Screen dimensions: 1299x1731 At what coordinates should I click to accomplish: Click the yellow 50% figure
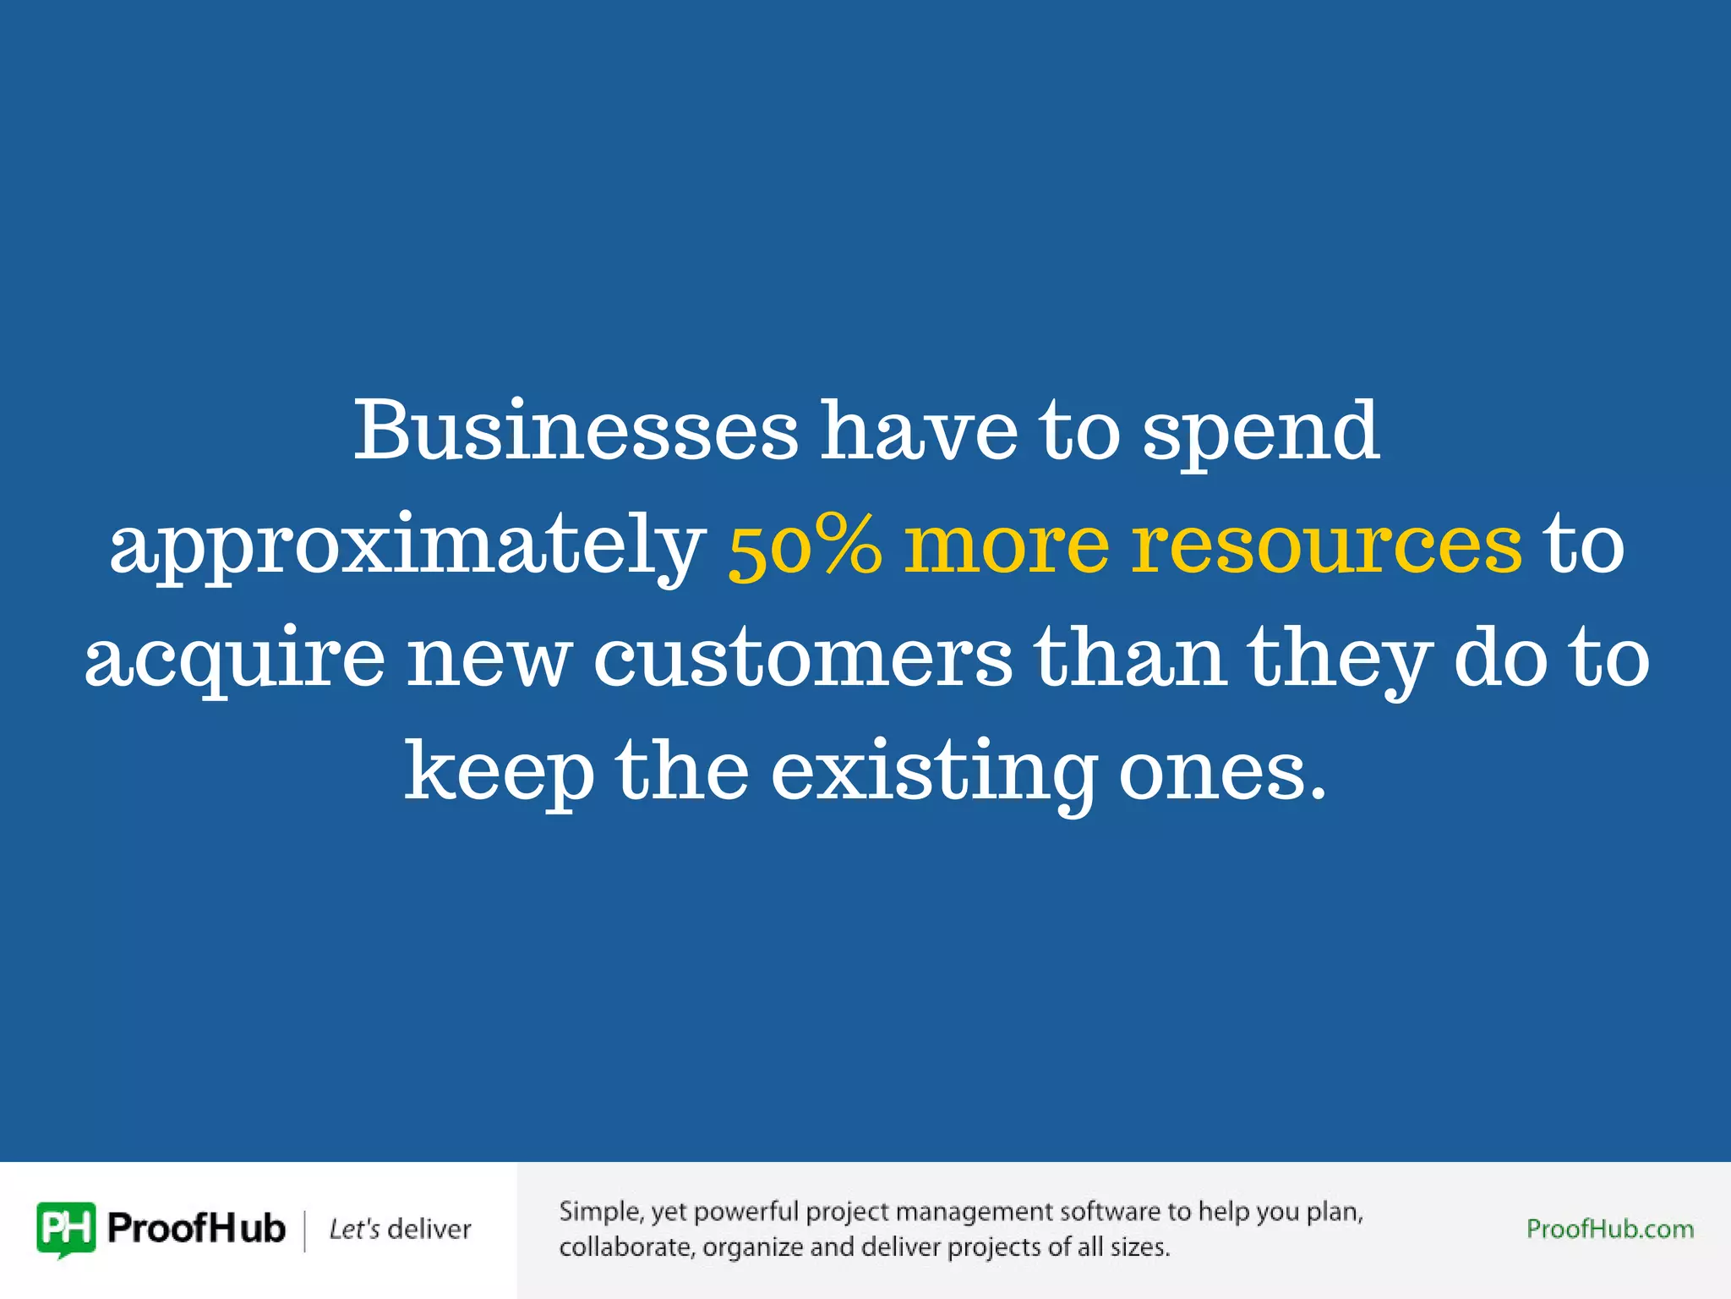pyautogui.click(x=805, y=545)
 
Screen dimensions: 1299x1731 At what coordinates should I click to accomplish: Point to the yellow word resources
pyautogui.click(x=1327, y=545)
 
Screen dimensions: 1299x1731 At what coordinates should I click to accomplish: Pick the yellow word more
pyautogui.click(x=1007, y=545)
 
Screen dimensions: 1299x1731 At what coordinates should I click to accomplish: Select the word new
pyautogui.click(x=489, y=660)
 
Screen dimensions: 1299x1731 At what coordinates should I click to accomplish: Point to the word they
pyautogui.click(x=1340, y=660)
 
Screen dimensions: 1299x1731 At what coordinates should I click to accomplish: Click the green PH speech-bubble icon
pyautogui.click(x=66, y=1229)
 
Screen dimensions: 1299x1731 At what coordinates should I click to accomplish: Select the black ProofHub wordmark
pyautogui.click(x=196, y=1229)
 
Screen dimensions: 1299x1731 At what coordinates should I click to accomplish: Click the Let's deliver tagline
pyautogui.click(x=400, y=1229)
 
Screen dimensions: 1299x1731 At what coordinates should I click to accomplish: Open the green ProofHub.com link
pyautogui.click(x=1609, y=1229)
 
